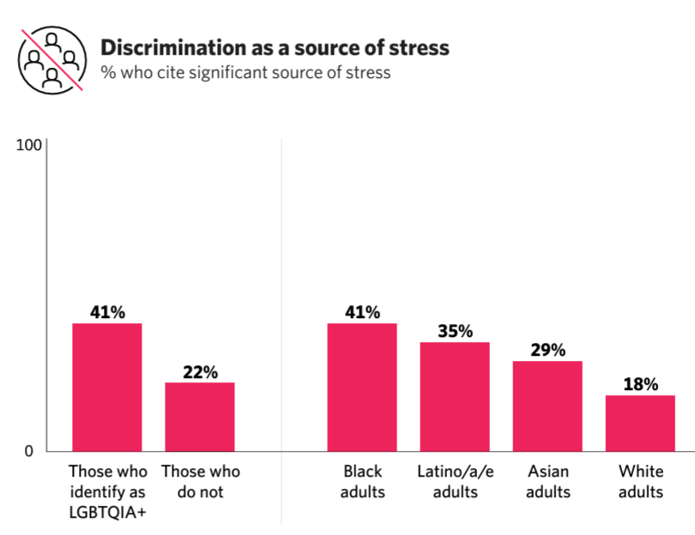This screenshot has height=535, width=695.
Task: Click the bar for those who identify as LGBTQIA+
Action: coord(106,387)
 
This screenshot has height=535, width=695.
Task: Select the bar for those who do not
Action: coord(200,417)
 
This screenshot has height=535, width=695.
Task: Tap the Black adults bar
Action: coord(362,387)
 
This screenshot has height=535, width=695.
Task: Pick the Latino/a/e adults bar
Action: coord(454,396)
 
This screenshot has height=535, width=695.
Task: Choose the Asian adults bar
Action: coord(547,406)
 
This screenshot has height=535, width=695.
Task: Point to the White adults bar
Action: coord(640,423)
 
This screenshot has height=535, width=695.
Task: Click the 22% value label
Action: coord(200,372)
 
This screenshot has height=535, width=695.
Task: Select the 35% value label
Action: coord(455,331)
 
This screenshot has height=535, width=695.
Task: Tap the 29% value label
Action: coord(547,350)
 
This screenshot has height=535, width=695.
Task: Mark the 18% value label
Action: coord(640,384)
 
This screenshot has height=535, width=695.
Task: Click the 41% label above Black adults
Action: coord(362,312)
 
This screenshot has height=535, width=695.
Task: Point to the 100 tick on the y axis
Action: coord(30,146)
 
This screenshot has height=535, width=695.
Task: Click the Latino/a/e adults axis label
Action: coord(454,481)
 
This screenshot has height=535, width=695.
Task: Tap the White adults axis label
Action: coord(640,481)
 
